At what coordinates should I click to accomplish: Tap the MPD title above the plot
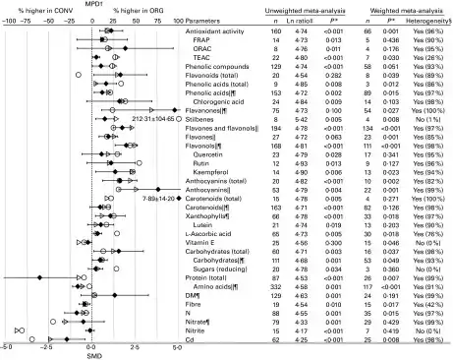pyautogui.click(x=93, y=5)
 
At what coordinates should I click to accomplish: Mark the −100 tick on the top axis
pyautogui.click(x=7, y=21)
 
